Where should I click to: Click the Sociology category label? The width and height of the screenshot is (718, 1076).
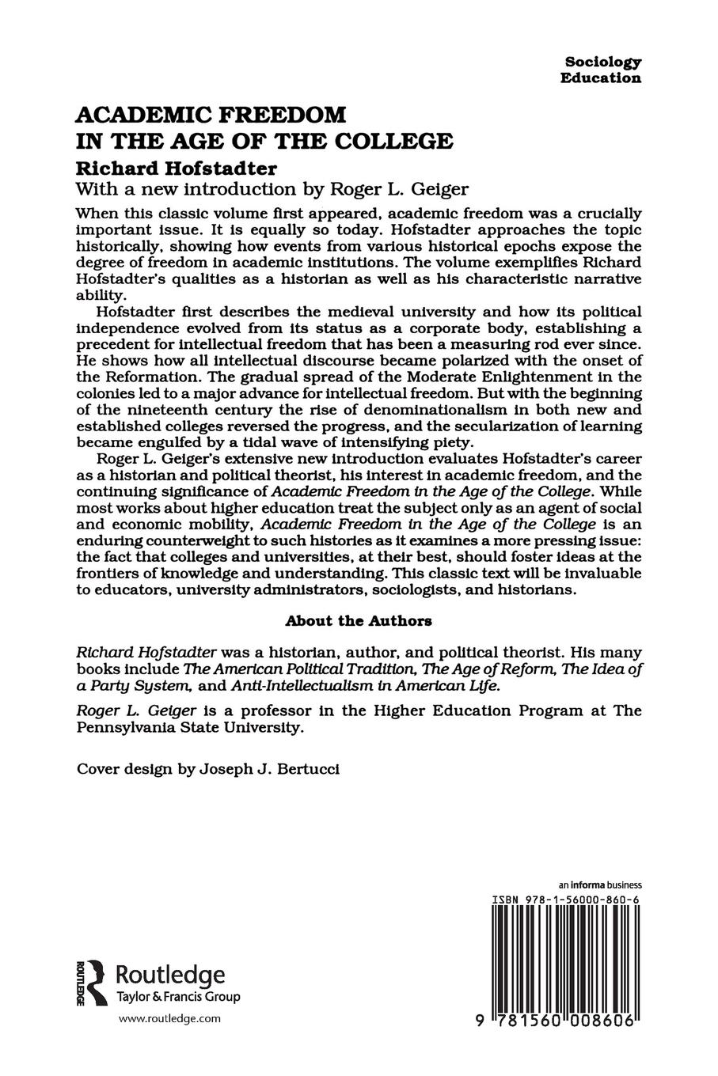602,62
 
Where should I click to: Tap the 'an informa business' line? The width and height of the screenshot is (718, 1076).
599,885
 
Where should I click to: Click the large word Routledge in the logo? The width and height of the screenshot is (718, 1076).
170,975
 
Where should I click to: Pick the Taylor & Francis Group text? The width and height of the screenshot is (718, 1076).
177,997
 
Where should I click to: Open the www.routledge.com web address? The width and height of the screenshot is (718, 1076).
169,1020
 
